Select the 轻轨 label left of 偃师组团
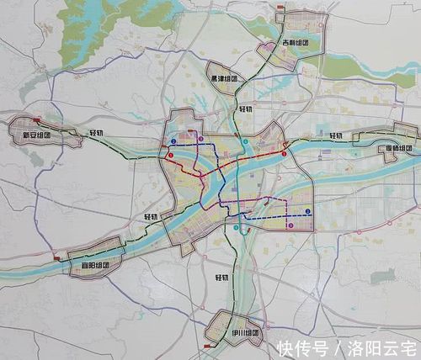tap(336, 135)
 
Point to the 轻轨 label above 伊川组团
tap(221, 278)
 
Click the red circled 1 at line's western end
tap(170, 155)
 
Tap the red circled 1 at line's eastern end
tap(285, 154)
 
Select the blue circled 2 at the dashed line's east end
tap(307, 211)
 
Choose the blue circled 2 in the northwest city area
tap(173, 141)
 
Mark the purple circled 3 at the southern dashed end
tap(290, 225)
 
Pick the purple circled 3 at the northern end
tap(201, 138)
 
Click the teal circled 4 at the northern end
tap(245, 142)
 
